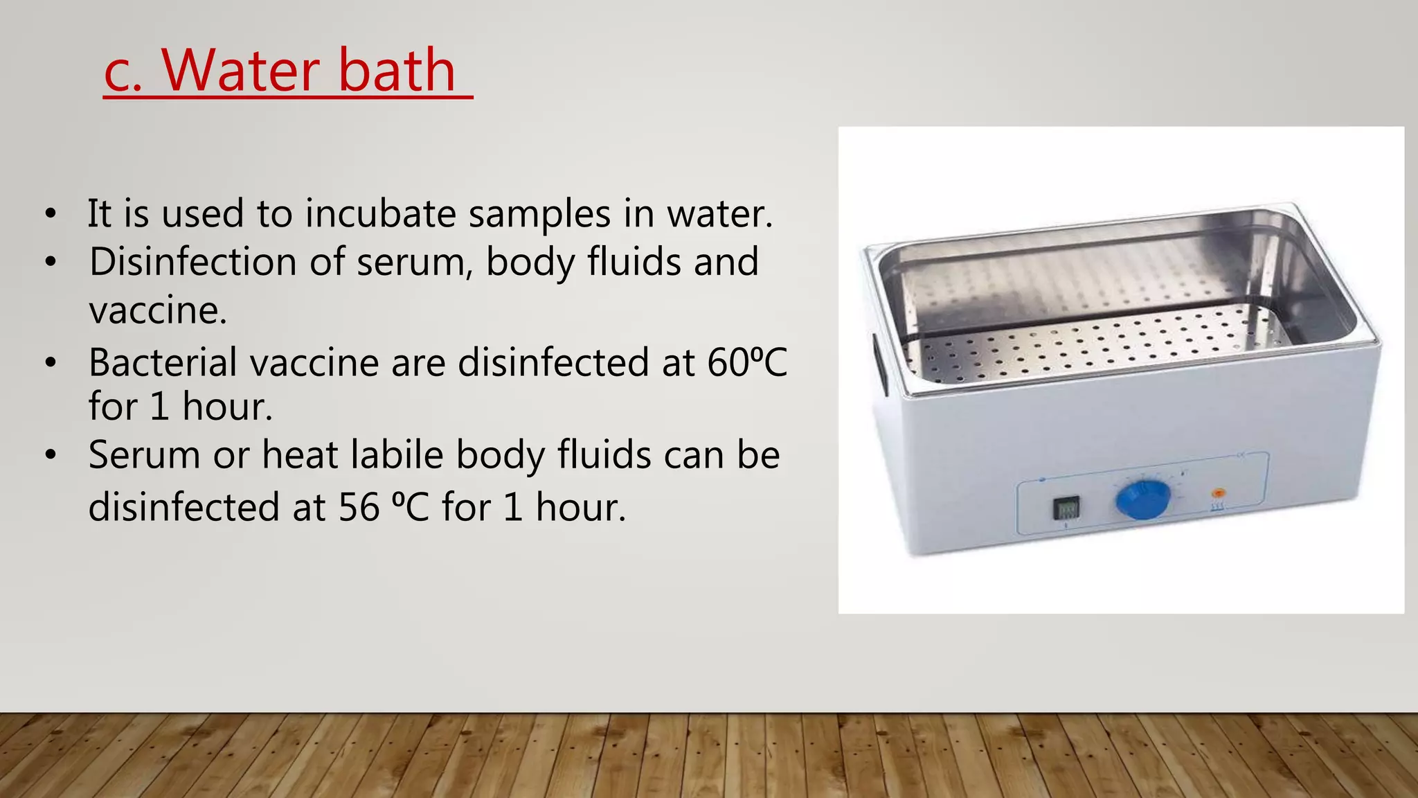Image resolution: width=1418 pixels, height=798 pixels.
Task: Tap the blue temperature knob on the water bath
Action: (x=1142, y=499)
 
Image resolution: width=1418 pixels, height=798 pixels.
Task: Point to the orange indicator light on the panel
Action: (x=1218, y=494)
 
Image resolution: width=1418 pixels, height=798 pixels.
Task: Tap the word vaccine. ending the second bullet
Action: (x=158, y=310)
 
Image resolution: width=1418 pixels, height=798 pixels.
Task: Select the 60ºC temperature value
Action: (x=747, y=362)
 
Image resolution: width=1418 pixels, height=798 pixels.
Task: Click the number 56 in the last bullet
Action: (x=359, y=507)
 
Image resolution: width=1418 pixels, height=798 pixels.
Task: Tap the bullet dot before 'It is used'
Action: (x=50, y=213)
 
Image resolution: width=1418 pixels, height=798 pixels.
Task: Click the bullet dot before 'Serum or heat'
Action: (x=50, y=456)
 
